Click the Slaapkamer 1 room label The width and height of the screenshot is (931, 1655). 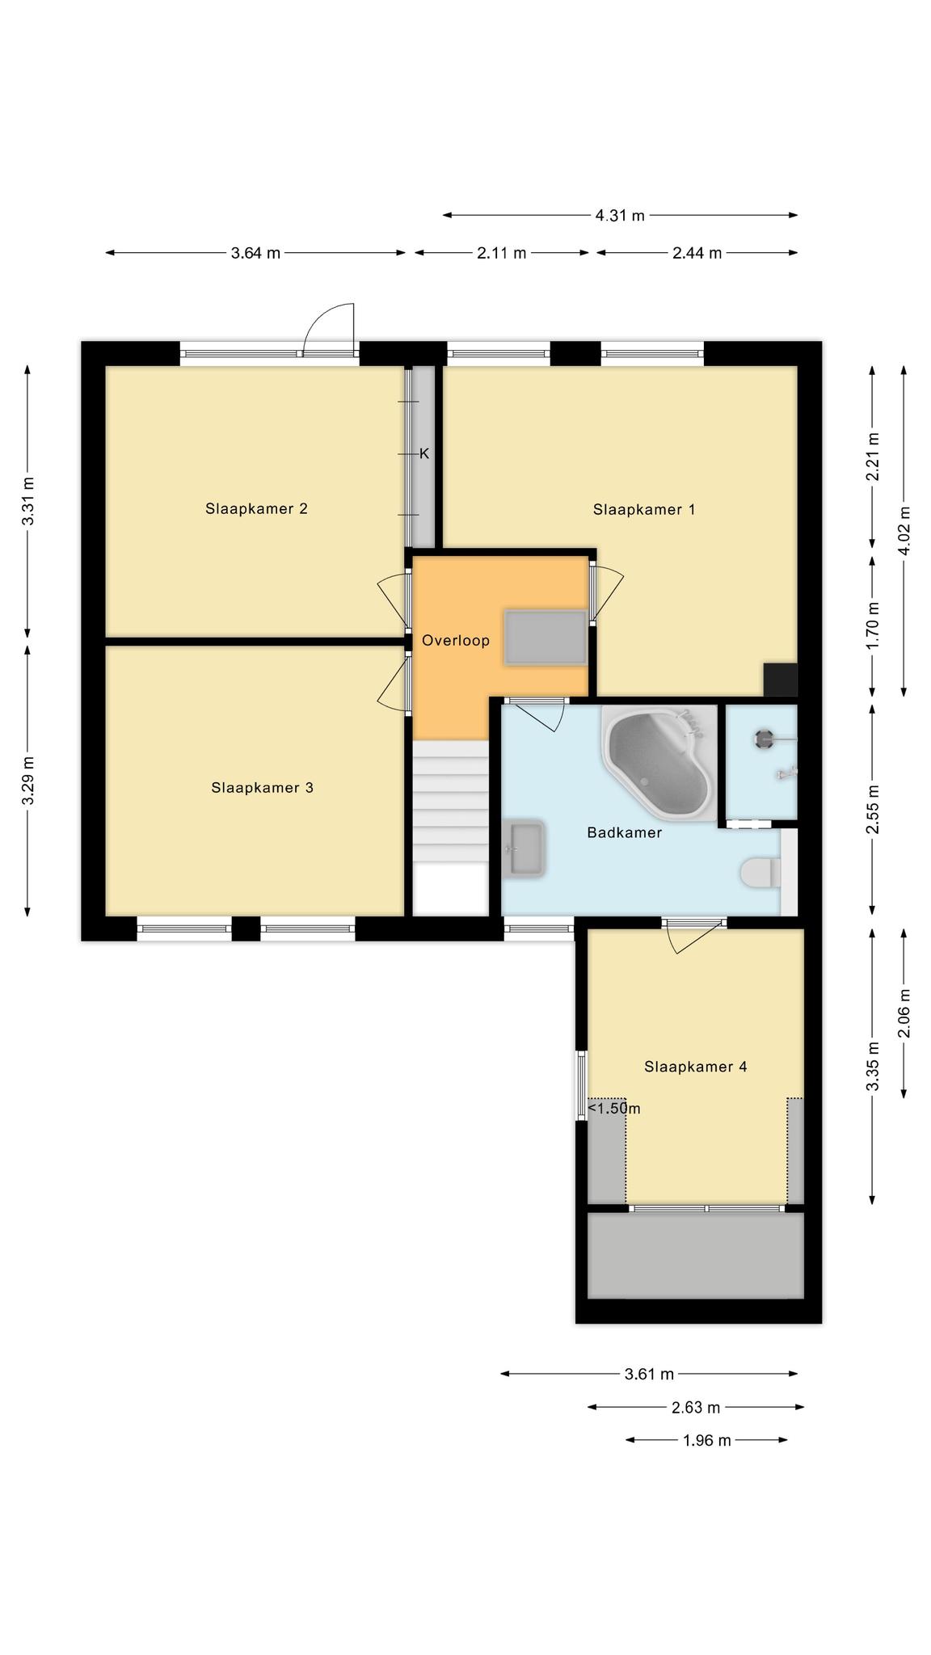(643, 509)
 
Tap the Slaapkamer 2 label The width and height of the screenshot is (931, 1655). (256, 508)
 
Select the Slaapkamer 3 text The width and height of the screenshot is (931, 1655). (262, 787)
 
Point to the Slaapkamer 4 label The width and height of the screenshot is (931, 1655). (695, 1067)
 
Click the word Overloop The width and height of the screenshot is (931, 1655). (456, 641)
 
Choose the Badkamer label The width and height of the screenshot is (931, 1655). (624, 832)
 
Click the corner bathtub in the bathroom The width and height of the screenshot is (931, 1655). (659, 764)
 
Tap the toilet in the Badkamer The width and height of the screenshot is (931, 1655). (760, 872)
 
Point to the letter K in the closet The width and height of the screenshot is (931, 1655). (424, 453)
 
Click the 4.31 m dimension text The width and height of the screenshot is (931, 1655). (620, 215)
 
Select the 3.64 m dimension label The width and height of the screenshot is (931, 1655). (255, 253)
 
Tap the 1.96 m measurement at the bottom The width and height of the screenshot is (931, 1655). (706, 1440)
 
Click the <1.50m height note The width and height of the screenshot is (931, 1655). (614, 1108)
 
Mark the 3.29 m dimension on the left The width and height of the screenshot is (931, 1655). (28, 781)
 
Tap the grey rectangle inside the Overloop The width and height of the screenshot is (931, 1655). (546, 638)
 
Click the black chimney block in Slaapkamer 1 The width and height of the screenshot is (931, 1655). (781, 680)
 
